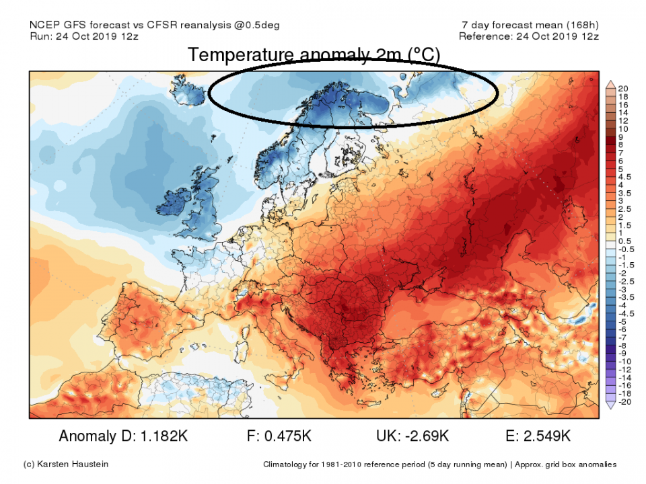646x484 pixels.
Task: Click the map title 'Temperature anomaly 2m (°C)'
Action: click(x=314, y=55)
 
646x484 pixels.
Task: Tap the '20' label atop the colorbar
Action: click(x=622, y=89)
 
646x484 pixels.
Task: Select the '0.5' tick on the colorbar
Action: click(x=624, y=241)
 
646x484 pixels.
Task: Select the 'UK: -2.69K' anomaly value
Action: click(x=412, y=436)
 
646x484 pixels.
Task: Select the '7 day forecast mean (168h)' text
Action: click(x=526, y=25)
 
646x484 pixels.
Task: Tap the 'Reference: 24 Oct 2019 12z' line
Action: click(x=528, y=36)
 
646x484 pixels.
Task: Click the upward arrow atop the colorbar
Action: click(x=611, y=83)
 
